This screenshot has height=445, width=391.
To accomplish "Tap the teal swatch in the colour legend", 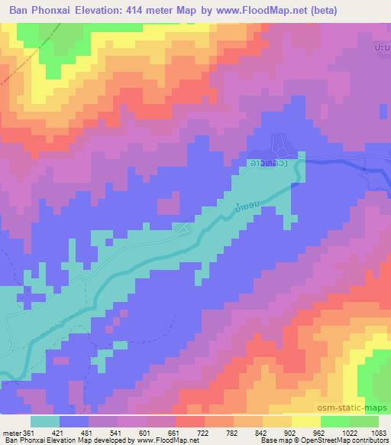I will click(x=45, y=421).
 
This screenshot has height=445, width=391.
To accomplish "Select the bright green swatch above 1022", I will click(x=335, y=421).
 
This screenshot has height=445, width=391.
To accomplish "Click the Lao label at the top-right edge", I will click(x=382, y=47).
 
